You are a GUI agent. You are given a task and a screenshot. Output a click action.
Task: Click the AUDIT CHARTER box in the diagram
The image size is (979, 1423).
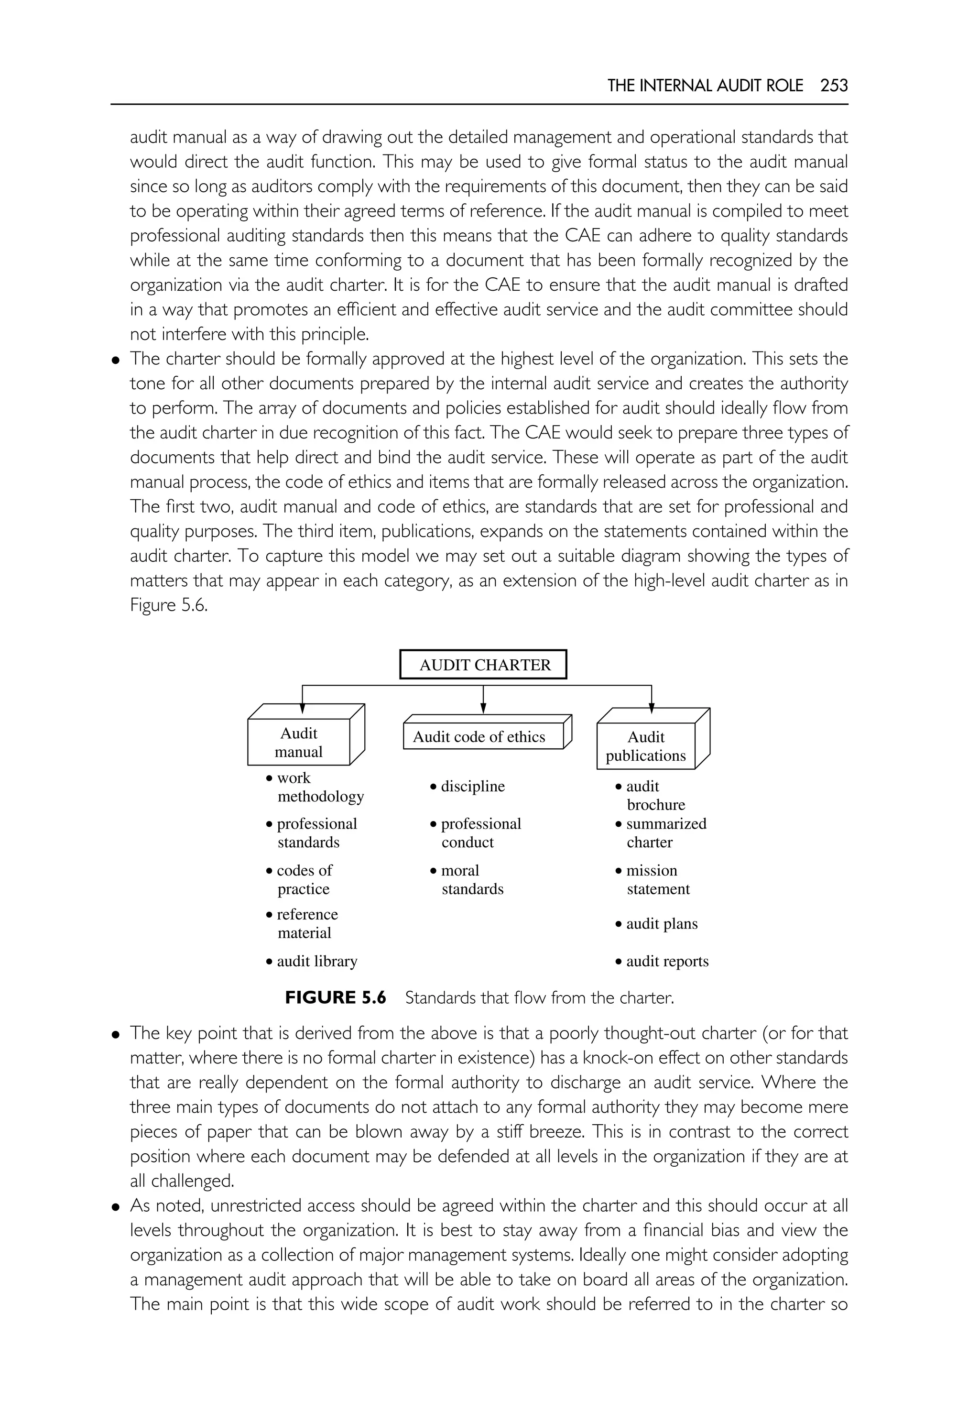coord(483,665)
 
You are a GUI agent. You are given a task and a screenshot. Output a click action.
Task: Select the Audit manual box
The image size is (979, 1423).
coord(299,743)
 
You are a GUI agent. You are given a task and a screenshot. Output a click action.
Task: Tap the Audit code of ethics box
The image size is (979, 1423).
coord(479,736)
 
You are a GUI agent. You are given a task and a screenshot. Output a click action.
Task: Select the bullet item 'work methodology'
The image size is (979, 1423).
coord(315,787)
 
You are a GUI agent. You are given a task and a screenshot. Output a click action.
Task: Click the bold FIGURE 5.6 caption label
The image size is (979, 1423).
coord(336,998)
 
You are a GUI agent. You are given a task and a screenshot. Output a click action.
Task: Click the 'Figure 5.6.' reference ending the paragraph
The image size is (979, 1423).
coord(169,606)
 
